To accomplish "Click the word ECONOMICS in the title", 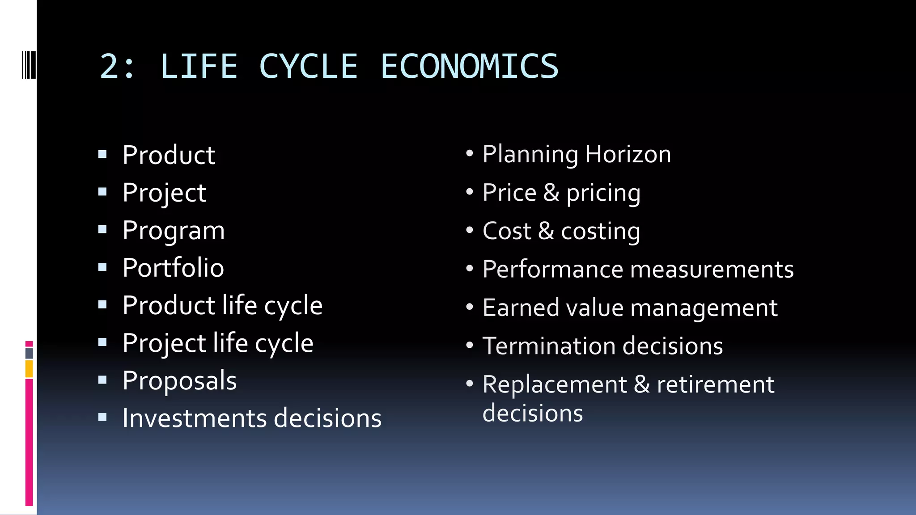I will [469, 67].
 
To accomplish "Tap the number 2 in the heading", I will [110, 67].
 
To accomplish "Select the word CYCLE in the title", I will [309, 67].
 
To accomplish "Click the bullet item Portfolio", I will [173, 268].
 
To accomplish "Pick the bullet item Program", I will [174, 231].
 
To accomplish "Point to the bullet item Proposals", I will [179, 381].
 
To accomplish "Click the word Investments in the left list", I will [195, 418].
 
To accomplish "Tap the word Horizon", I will [628, 154].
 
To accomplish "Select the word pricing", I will [603, 193].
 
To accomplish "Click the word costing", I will [601, 232].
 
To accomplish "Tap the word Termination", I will [549, 346].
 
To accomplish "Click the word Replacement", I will [555, 384].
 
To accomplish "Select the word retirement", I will [716, 384].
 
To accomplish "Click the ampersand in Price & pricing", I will [551, 193].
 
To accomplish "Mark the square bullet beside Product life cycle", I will [102, 305].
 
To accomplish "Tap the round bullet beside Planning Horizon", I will [469, 154].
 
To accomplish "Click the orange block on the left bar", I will [29, 369].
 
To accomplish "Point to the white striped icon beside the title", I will [29, 65].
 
